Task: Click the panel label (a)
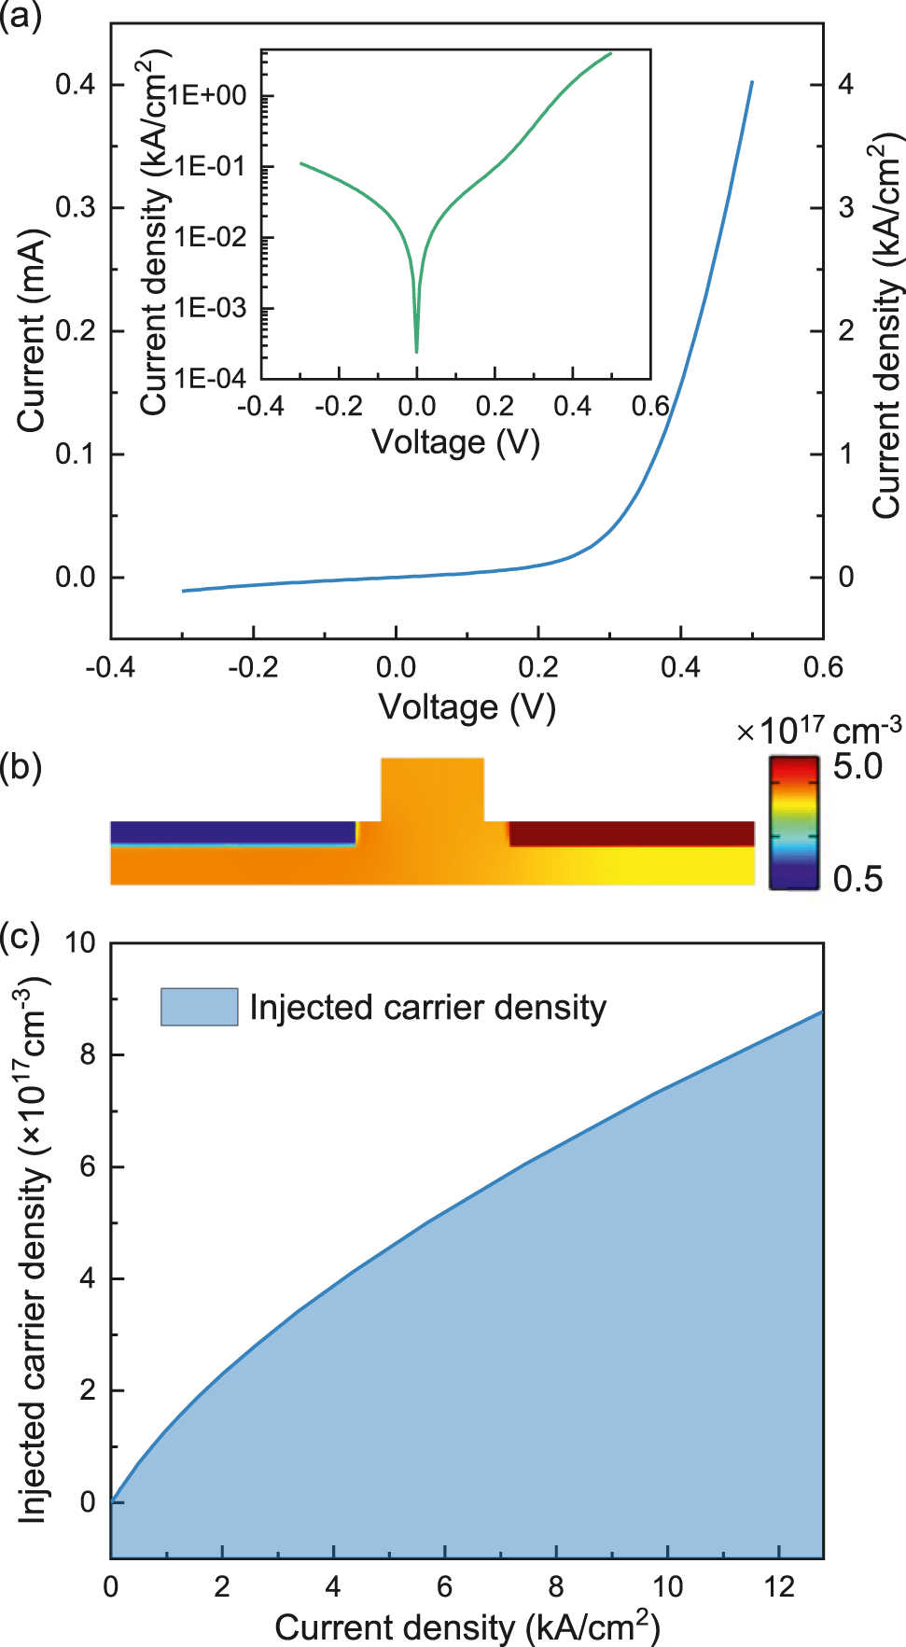coord(21,17)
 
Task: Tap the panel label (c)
coord(21,937)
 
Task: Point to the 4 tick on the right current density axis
coord(845,84)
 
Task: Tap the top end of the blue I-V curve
coord(752,83)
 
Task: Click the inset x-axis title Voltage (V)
coord(455,441)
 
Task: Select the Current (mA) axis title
coord(31,331)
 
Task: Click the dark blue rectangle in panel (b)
coord(233,831)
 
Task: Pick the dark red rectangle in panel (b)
coord(631,833)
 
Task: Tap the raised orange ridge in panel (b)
coord(433,789)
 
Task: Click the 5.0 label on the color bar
coord(857,767)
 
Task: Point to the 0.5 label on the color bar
coord(857,878)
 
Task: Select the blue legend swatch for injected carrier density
coord(199,1007)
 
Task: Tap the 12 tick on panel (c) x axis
coord(779,1586)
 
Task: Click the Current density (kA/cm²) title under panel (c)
coord(467,1626)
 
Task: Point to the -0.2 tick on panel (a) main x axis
coord(253,667)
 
